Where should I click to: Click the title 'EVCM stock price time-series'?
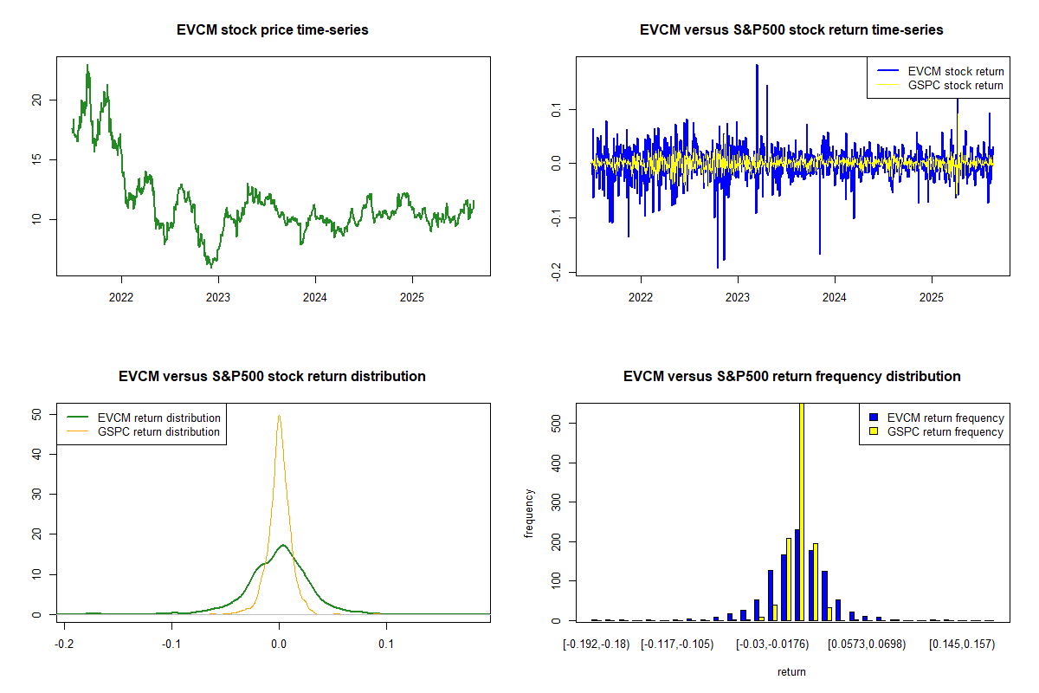click(x=273, y=30)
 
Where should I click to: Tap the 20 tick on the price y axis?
click(x=36, y=100)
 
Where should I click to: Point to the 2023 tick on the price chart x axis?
click(x=218, y=294)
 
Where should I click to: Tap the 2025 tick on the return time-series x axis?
click(x=932, y=294)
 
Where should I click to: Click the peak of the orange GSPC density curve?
click(x=279, y=416)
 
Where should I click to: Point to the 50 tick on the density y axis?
click(x=36, y=415)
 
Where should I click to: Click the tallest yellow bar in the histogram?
click(x=802, y=511)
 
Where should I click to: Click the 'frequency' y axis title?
click(x=529, y=513)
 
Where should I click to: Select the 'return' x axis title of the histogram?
click(x=791, y=671)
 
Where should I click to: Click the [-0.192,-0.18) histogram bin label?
click(x=594, y=644)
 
